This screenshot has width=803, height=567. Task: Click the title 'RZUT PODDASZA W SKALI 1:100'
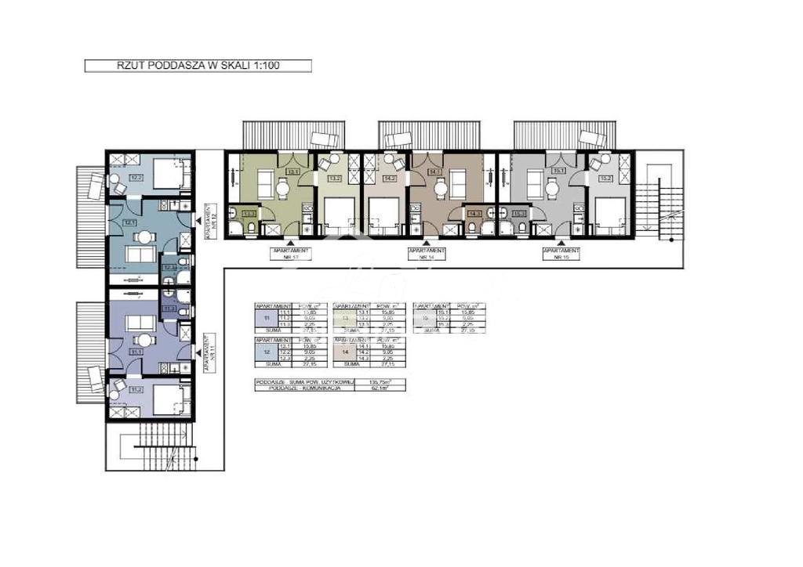[x=198, y=67]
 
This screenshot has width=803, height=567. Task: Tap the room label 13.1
[x=292, y=171]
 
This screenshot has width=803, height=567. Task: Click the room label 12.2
[x=136, y=178]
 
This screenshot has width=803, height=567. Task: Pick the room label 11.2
[x=136, y=389]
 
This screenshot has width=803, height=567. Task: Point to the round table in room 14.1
[x=440, y=186]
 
